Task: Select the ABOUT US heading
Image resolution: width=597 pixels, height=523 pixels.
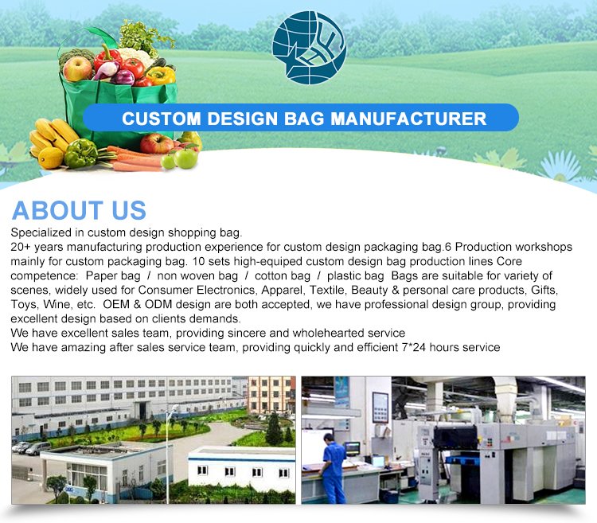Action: [x=79, y=210]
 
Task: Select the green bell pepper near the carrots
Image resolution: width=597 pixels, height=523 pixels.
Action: [x=80, y=153]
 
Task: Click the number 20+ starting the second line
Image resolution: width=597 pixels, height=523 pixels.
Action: [x=22, y=248]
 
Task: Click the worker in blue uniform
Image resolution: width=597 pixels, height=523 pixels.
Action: [x=334, y=470]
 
